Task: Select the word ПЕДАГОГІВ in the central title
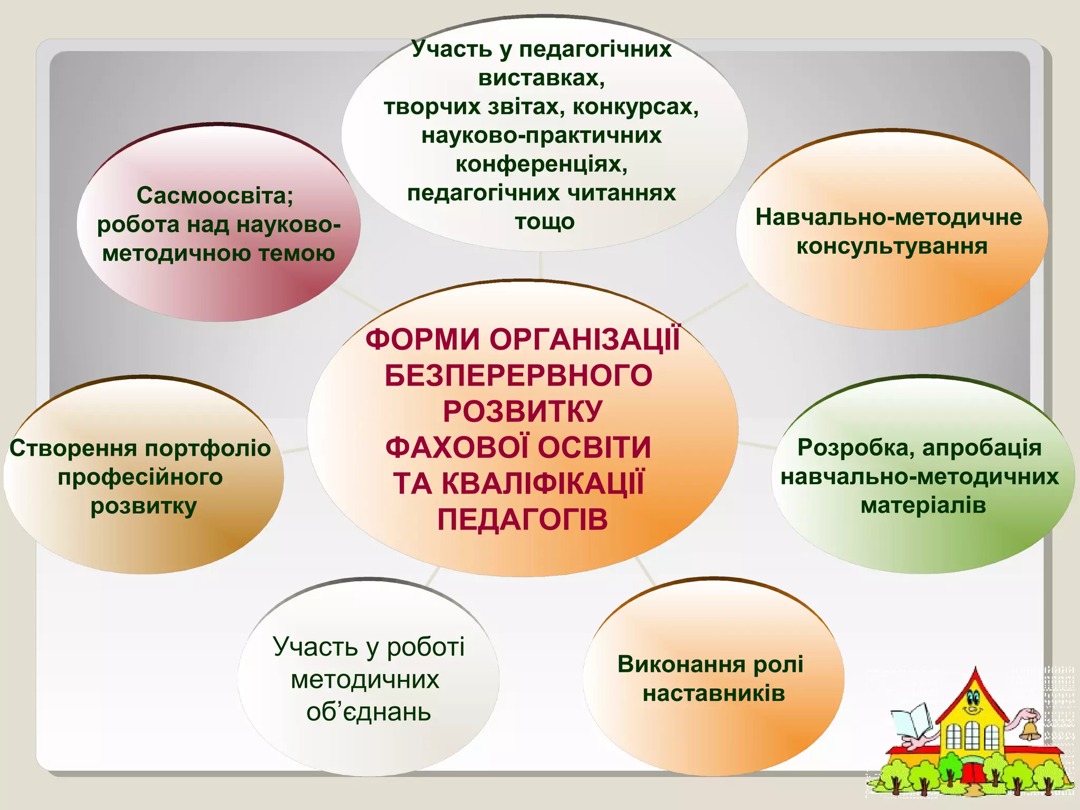(x=523, y=519)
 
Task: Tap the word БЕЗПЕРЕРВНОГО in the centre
(x=519, y=375)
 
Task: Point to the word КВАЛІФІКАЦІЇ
(x=543, y=484)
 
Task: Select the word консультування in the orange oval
(x=892, y=246)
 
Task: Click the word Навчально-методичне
(x=889, y=217)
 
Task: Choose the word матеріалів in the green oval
(x=923, y=505)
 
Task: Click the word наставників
(x=713, y=693)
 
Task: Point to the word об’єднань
(x=369, y=712)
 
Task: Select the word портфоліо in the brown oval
(x=208, y=448)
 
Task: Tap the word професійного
(x=140, y=477)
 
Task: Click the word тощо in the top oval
(x=545, y=221)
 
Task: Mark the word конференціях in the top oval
(x=542, y=164)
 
